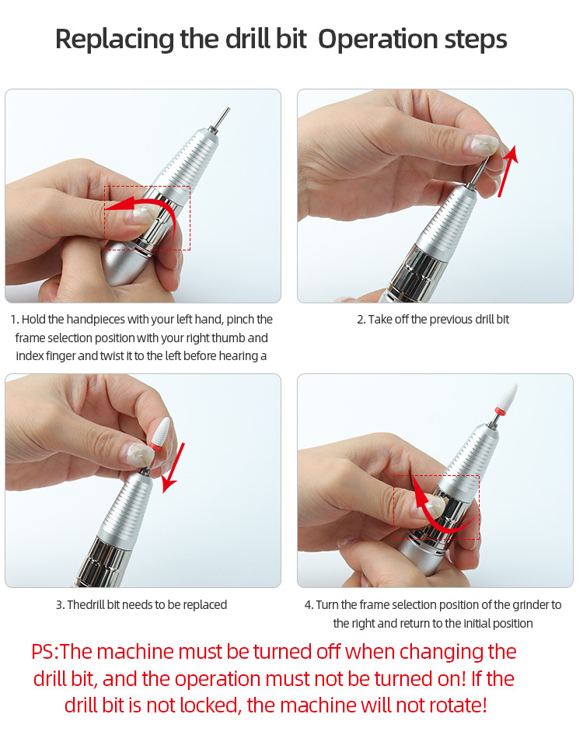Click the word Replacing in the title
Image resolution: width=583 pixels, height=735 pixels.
pos(115,40)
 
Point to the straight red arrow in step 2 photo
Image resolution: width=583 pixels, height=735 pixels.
pos(508,171)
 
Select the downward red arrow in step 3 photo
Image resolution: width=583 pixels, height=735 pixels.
pos(173,467)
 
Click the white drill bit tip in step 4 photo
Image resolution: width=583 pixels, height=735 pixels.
pos(508,398)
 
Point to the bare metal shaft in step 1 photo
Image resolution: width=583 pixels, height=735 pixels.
pos(222,118)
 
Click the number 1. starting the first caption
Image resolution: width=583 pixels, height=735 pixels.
pos(15,320)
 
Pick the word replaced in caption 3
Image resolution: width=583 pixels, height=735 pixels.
pos(204,605)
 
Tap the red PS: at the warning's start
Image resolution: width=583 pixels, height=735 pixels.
pos(45,652)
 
